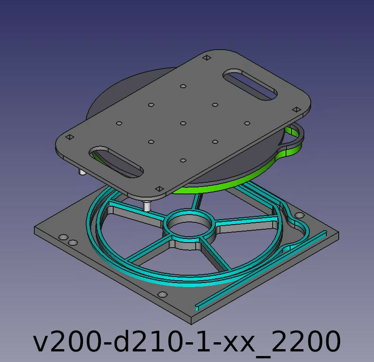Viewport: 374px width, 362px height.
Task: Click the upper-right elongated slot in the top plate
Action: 250,85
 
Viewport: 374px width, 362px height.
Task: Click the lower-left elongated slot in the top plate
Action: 116,162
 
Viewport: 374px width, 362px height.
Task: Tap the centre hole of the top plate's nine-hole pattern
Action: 183,124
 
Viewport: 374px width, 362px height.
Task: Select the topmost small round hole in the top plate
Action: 183,86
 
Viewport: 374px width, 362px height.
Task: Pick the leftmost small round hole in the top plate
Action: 119,124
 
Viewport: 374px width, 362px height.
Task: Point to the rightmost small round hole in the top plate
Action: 247,124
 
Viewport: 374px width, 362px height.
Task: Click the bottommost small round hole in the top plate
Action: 183,160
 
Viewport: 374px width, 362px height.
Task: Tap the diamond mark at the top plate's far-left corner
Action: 70,137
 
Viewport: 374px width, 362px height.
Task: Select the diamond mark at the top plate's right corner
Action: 297,109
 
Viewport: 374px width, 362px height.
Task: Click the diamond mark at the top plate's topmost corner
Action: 207,57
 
